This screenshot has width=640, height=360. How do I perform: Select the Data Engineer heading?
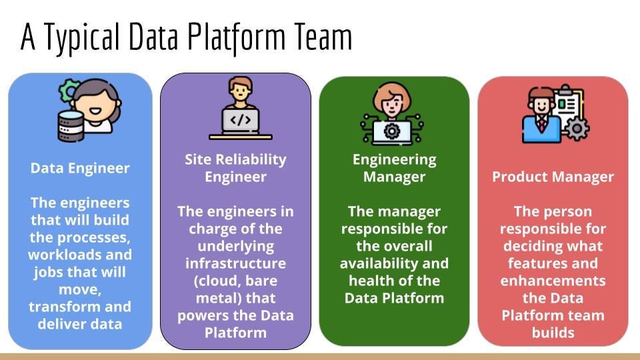point(80,168)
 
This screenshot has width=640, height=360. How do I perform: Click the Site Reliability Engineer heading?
point(235,168)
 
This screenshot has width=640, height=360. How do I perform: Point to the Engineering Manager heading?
point(394,168)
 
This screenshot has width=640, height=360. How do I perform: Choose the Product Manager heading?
point(553,177)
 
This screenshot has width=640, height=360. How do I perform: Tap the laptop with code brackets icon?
point(241,122)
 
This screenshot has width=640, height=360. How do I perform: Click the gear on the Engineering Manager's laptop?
point(393,129)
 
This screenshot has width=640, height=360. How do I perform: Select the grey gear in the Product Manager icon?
point(575,127)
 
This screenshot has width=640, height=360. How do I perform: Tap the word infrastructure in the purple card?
point(235,263)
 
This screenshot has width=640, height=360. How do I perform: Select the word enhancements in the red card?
point(553,280)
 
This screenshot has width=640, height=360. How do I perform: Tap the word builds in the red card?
point(553,332)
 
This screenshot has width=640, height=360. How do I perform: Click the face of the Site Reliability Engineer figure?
point(241,89)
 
